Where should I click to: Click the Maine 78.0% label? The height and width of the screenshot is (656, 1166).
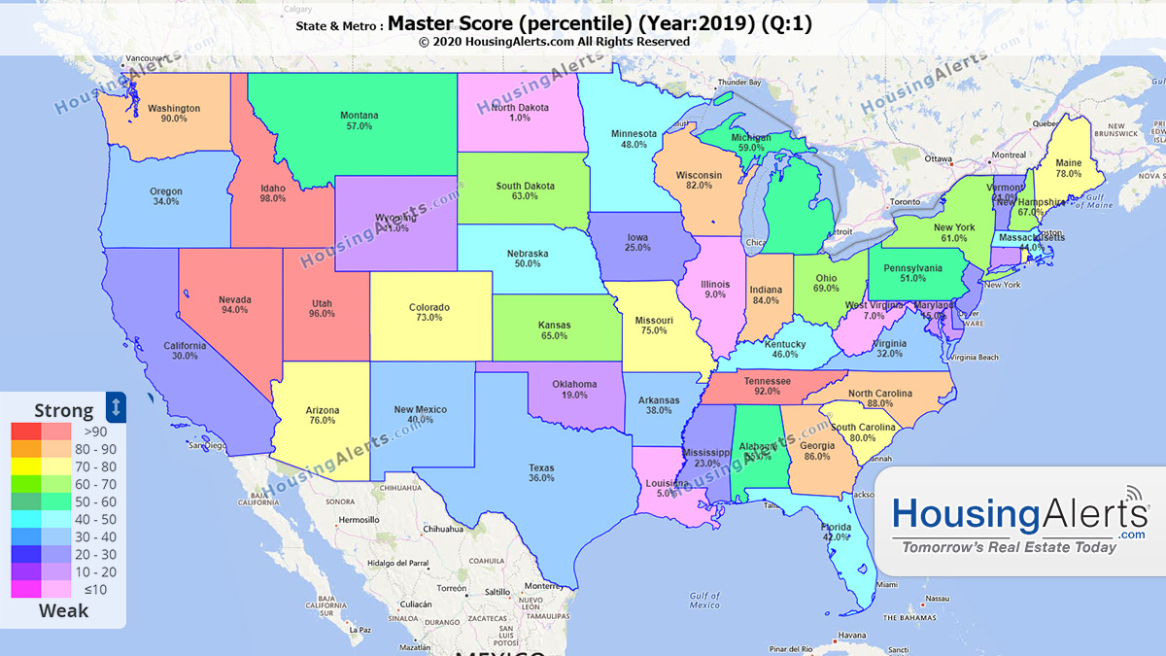pos(1068,168)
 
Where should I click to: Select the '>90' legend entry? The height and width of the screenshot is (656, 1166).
pos(95,432)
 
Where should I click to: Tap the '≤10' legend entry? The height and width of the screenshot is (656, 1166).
pos(95,588)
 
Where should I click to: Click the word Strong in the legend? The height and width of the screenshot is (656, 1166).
pos(64,409)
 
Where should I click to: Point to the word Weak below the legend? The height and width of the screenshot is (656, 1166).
pos(63,611)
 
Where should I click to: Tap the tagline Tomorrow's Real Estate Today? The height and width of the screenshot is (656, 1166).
pos(1009,547)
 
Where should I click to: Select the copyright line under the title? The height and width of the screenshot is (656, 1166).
pos(554,42)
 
